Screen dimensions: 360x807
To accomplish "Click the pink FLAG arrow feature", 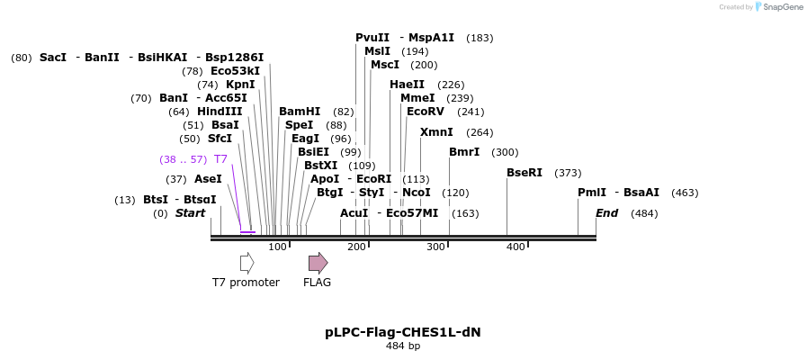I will click(x=318, y=263).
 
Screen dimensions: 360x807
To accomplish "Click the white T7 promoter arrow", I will click(x=247, y=263).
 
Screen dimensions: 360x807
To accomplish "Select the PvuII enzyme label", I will click(x=372, y=38).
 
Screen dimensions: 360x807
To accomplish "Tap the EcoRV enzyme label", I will click(x=426, y=112).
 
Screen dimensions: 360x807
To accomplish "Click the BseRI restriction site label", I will click(x=525, y=173).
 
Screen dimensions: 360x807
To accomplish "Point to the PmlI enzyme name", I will click(x=592, y=193).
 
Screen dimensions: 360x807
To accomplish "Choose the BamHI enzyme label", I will click(x=300, y=112).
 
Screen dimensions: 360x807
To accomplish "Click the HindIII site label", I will click(x=220, y=112).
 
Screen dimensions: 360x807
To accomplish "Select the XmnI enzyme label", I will click(x=436, y=132).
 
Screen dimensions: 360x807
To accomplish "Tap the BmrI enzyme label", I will click(x=464, y=152).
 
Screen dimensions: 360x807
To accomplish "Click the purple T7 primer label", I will click(x=220, y=159).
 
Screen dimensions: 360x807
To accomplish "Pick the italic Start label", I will click(x=190, y=213).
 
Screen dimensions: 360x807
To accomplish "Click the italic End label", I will click(x=607, y=213).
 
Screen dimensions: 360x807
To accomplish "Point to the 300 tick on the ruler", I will click(x=435, y=247).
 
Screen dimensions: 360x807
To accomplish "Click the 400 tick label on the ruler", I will click(x=516, y=247).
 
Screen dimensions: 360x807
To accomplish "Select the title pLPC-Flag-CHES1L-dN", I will click(x=403, y=332).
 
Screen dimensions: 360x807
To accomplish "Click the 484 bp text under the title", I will click(x=403, y=346).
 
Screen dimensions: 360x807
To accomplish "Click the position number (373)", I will click(x=568, y=173).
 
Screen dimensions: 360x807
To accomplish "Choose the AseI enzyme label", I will click(x=208, y=179).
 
